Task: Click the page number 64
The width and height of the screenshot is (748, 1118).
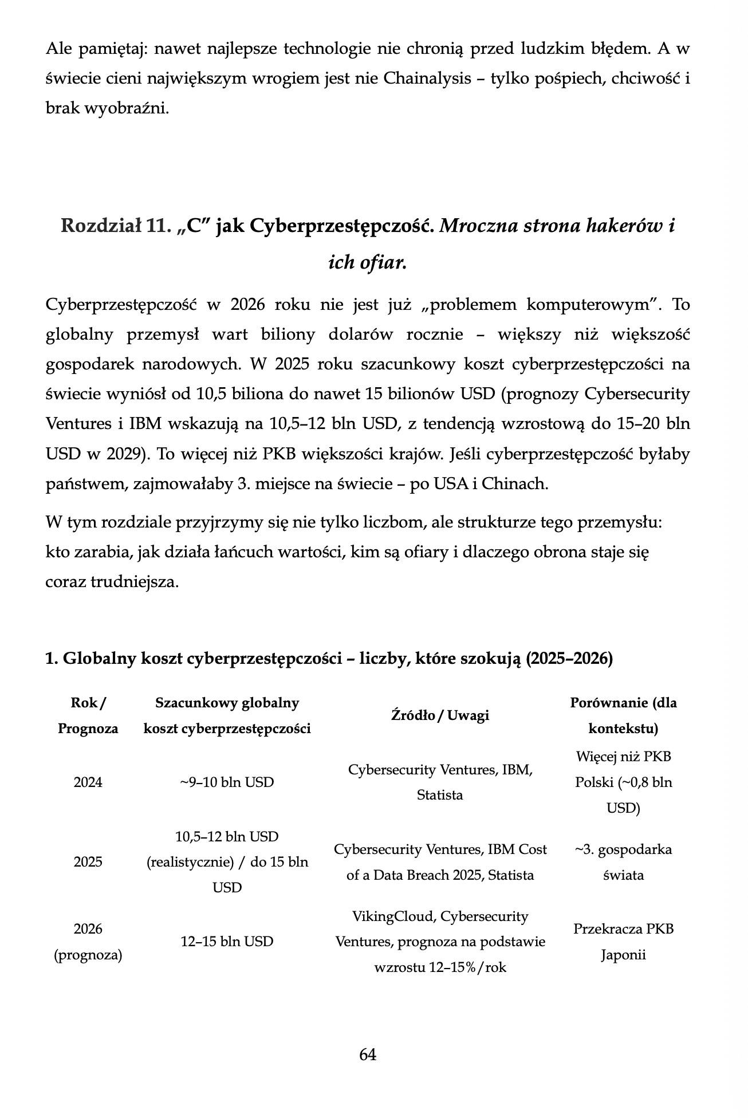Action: (368, 1054)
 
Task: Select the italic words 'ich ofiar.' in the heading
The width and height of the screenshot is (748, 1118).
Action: (367, 262)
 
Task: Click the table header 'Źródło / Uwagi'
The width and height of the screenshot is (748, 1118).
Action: (440, 715)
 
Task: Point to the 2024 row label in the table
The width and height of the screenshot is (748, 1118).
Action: (88, 782)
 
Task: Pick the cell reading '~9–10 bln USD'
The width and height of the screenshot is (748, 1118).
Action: (227, 782)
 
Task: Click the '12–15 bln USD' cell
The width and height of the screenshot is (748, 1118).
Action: (227, 942)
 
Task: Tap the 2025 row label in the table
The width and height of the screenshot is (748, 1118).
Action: (88, 862)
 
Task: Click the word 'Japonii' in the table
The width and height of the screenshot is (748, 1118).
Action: (623, 955)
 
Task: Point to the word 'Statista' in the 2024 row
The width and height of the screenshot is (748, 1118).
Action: (440, 795)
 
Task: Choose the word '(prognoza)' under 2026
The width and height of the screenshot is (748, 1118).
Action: (88, 955)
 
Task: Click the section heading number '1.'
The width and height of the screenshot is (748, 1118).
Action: (52, 659)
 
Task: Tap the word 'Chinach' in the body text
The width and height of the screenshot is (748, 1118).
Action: (514, 484)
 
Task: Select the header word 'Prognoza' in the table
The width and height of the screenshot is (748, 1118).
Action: (88, 729)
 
